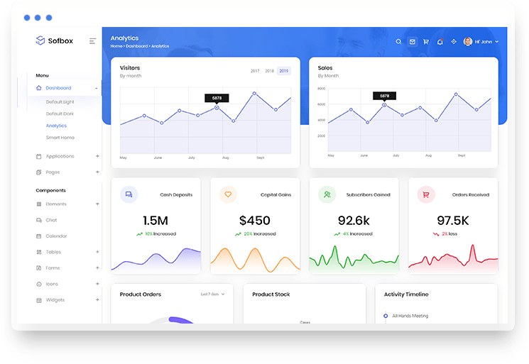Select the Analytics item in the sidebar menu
point(56,126)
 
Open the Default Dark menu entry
point(60,114)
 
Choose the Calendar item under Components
point(56,236)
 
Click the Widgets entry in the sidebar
point(55,300)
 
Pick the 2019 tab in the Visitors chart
point(284,71)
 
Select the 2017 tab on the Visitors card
point(255,71)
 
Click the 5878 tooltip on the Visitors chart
point(217,98)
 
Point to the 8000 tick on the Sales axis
point(322,89)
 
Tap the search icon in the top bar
point(399,42)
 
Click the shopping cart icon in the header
point(426,42)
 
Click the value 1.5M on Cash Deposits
point(156,221)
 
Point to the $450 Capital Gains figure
point(255,221)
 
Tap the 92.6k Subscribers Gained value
point(354,221)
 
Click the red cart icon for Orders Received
point(426,194)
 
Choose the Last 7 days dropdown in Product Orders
point(212,294)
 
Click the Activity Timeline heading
point(406,294)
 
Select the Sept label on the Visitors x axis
point(261,158)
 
